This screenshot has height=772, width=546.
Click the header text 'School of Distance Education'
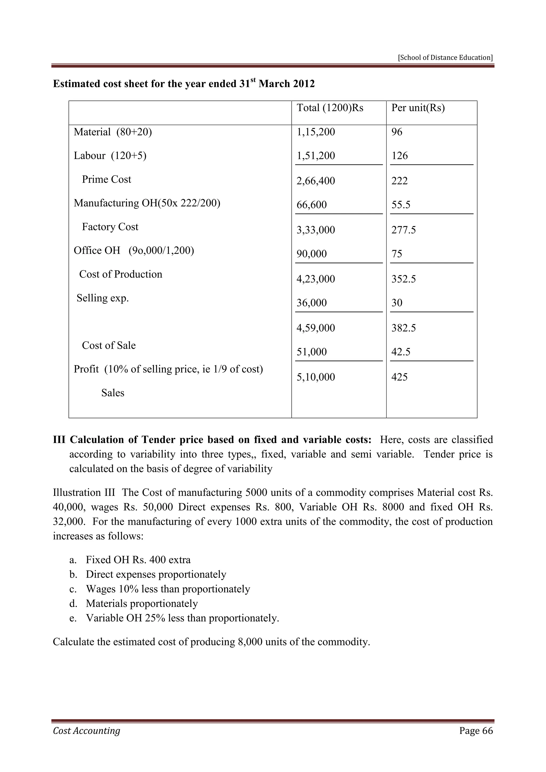(445, 58)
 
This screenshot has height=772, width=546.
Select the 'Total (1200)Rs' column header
(330, 108)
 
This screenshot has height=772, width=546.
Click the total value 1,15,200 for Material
(315, 132)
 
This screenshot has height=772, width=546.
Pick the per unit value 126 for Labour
(399, 156)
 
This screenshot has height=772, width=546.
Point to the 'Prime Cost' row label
(106, 179)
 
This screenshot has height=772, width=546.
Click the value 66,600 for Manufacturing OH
(311, 205)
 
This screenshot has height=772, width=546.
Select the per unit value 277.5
(403, 230)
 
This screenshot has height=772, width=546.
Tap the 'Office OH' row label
(97, 251)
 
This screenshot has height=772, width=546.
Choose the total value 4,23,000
(315, 279)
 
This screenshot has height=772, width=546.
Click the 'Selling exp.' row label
(103, 298)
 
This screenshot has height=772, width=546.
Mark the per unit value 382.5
(403, 328)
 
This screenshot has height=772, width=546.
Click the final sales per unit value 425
(399, 377)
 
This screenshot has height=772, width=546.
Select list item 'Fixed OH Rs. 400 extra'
(138, 560)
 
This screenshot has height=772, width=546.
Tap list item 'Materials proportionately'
(142, 604)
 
